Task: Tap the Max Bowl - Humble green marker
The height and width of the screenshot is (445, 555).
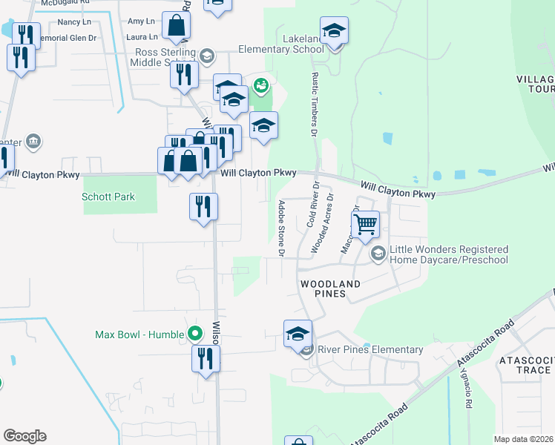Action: click(196, 334)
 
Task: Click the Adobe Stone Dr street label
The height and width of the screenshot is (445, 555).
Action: click(282, 228)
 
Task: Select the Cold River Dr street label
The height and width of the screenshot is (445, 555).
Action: click(312, 205)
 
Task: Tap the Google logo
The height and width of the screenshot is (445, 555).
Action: click(25, 436)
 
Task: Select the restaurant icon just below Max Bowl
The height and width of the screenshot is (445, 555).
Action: click(206, 359)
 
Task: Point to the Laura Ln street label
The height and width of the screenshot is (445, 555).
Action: click(142, 36)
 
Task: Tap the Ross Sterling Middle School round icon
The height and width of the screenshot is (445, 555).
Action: click(207, 56)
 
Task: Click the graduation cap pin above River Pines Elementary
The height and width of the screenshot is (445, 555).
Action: click(298, 334)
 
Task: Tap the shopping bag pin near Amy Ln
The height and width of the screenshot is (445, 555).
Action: click(177, 26)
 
